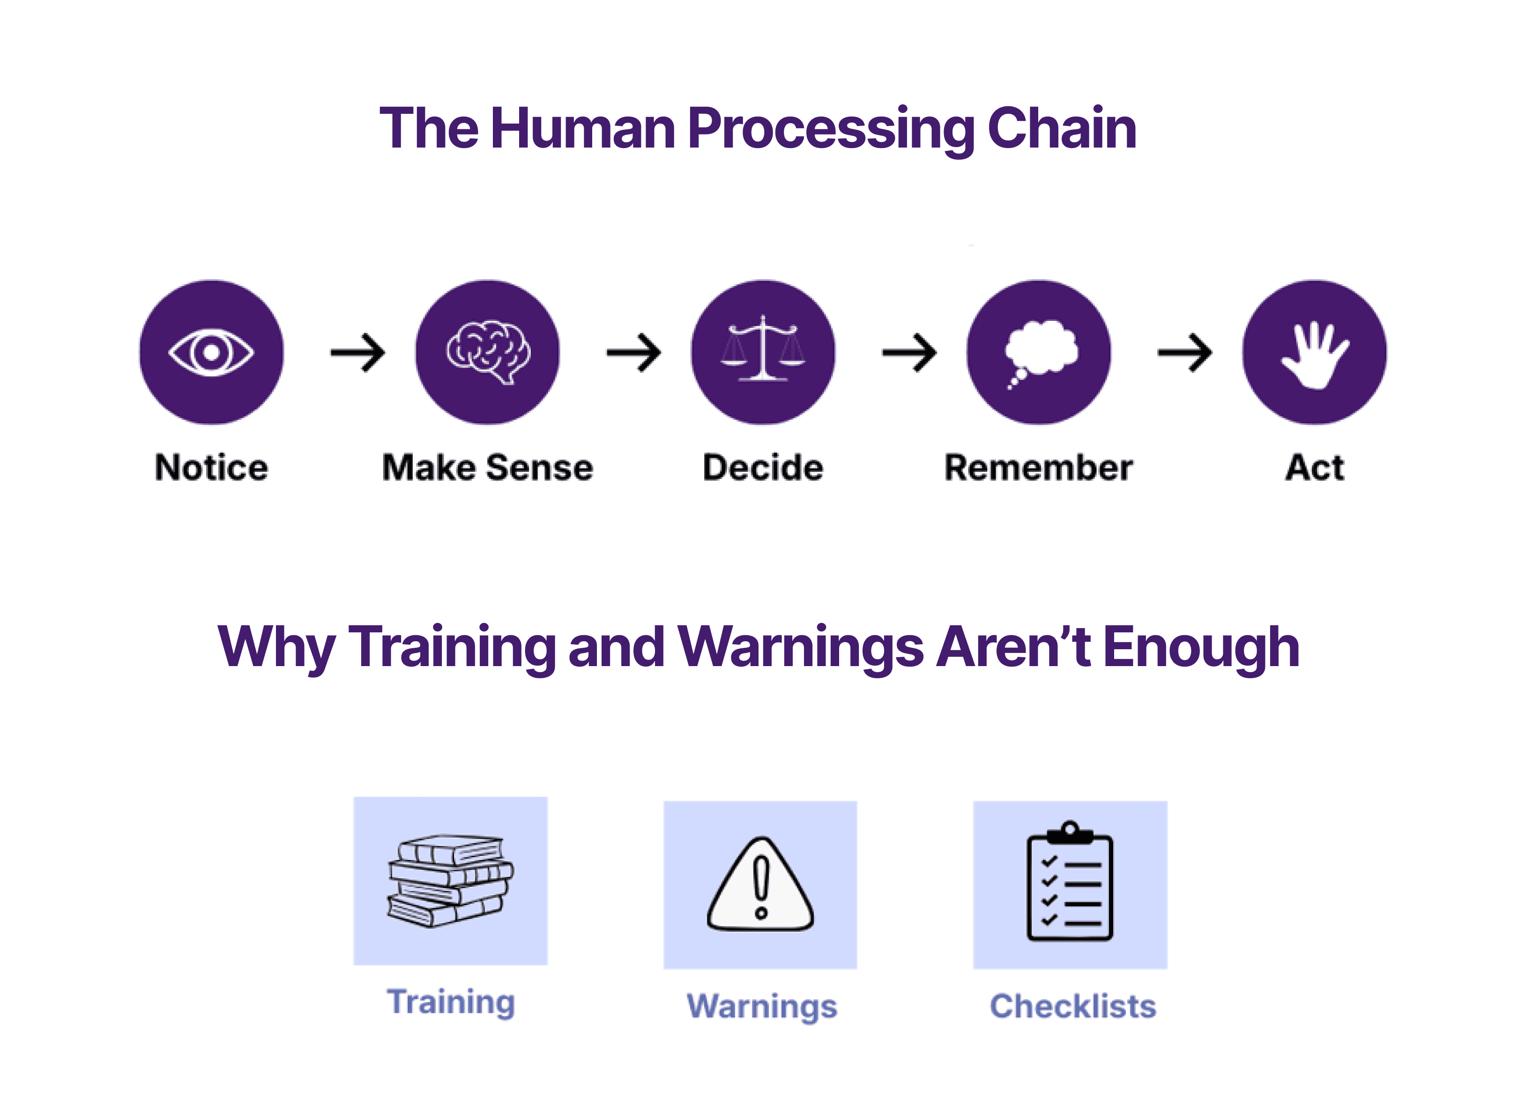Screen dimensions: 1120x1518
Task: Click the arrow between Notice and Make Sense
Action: click(358, 353)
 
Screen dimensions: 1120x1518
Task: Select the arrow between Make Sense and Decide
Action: click(634, 353)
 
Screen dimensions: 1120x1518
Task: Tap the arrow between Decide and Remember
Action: click(909, 353)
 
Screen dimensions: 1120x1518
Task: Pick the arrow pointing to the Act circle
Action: click(1185, 353)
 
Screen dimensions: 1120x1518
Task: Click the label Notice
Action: click(211, 468)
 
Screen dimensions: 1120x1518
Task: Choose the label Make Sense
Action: click(487, 468)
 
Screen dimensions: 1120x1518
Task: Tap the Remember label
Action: click(1039, 468)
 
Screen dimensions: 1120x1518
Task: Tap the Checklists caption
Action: click(1072, 1007)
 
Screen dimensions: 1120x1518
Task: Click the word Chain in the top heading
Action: click(1062, 129)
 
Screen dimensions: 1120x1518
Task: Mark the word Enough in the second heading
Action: click(1201, 647)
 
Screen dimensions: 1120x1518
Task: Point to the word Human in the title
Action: click(583, 129)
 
